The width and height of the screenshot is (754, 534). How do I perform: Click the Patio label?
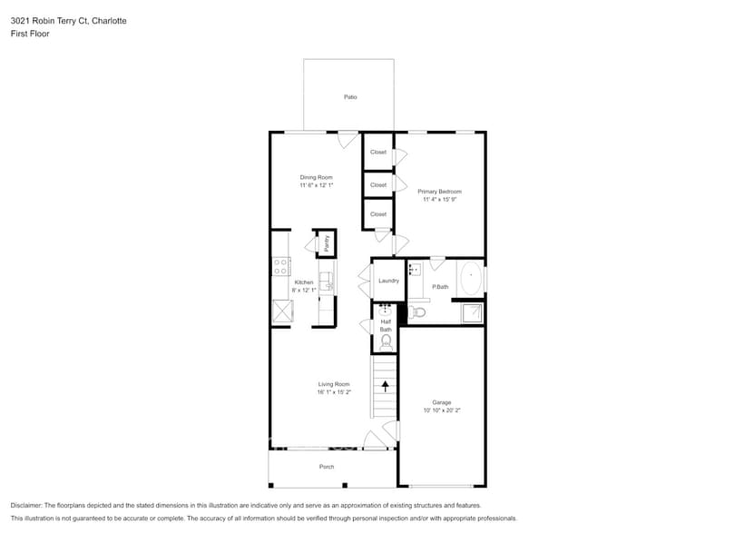point(349,96)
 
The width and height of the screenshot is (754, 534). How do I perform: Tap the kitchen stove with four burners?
point(281,266)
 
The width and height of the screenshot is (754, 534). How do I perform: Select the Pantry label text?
point(327,242)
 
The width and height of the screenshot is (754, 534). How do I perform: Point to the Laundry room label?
point(388,281)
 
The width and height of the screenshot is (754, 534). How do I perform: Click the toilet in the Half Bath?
point(386,341)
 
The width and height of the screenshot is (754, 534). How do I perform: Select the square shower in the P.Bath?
point(471,312)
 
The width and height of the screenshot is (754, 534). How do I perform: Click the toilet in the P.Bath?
point(416,312)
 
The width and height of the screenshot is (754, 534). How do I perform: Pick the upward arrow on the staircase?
point(386,385)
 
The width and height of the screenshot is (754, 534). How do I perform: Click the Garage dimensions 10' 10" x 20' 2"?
point(442,410)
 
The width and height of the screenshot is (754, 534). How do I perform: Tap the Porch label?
point(327,467)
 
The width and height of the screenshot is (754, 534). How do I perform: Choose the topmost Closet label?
point(378,152)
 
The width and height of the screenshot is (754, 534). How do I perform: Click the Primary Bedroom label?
point(440,192)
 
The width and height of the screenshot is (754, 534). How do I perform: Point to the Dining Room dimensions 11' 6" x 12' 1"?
point(317,185)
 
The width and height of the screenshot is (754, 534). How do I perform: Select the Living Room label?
point(333,384)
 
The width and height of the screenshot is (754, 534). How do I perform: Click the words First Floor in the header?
point(30,34)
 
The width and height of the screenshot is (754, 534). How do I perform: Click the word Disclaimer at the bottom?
point(26,505)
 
